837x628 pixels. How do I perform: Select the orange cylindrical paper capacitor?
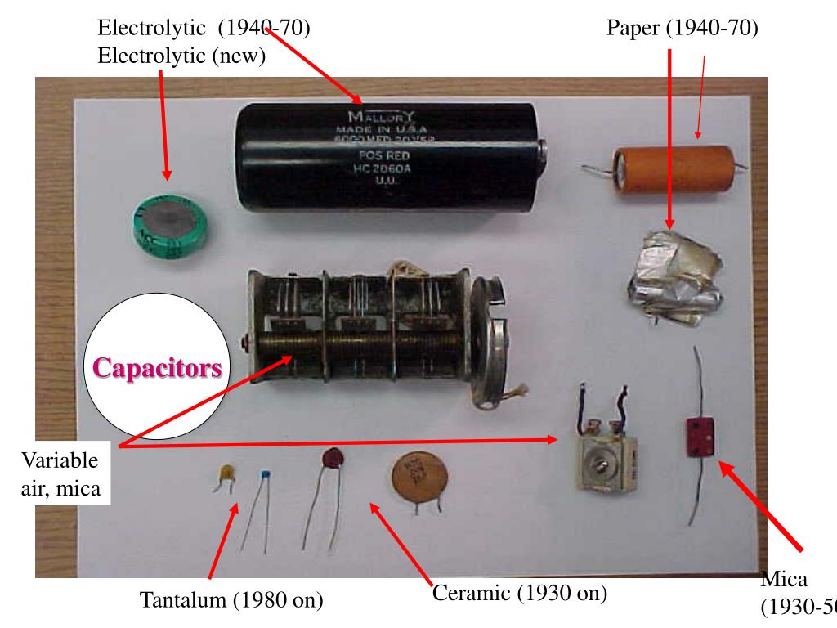point(666,171)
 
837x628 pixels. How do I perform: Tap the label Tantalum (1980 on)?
point(232,601)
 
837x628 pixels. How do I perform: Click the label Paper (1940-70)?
point(683,28)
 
